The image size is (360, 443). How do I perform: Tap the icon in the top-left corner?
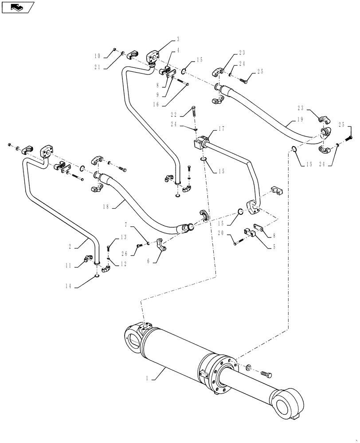[x=18, y=7]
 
